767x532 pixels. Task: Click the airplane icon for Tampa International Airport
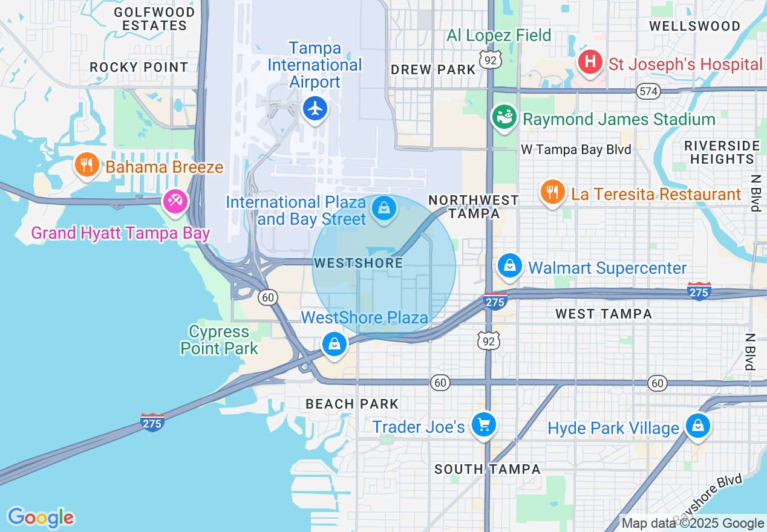click(315, 109)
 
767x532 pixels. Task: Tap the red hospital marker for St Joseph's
click(589, 62)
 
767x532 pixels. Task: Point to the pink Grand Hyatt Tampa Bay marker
click(175, 201)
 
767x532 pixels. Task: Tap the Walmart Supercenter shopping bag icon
click(509, 266)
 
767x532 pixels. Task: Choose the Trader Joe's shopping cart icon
click(483, 424)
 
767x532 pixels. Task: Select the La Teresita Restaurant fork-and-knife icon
click(552, 192)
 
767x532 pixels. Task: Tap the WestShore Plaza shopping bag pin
click(333, 343)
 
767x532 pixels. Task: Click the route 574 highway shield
click(648, 91)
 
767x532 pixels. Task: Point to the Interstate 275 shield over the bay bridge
click(152, 422)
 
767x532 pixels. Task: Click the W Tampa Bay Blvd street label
click(576, 150)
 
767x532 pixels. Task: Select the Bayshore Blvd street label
click(707, 497)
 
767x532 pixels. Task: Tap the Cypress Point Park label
click(219, 340)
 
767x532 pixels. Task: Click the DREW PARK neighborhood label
click(433, 70)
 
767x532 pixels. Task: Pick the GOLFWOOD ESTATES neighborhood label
click(154, 19)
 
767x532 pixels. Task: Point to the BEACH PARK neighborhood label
click(351, 404)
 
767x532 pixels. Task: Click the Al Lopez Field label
click(498, 35)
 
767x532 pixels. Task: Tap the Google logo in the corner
click(41, 517)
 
